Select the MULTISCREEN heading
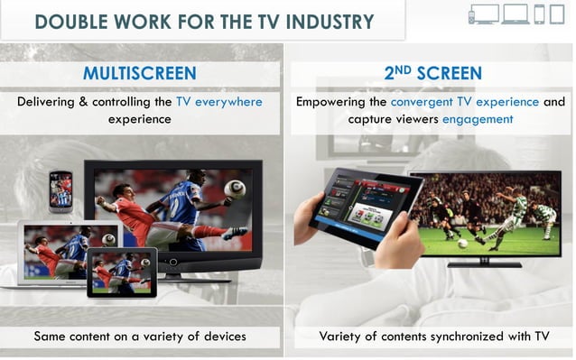tap(139, 73)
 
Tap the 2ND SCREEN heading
tap(432, 73)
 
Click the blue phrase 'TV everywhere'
tap(219, 102)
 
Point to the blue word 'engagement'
tap(471, 119)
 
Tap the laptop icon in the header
tap(516, 14)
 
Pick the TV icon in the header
tap(485, 13)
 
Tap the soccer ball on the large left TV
tap(234, 189)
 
